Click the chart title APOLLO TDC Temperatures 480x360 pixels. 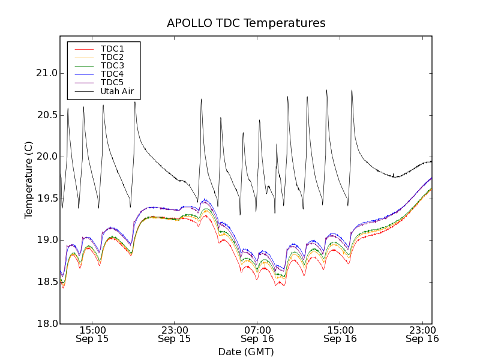tap(246, 23)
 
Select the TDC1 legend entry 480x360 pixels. tap(112, 49)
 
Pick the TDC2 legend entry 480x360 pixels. tap(112, 57)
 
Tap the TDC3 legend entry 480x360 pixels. tap(112, 65)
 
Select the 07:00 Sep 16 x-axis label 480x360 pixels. tap(257, 334)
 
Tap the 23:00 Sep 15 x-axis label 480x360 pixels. tap(175, 334)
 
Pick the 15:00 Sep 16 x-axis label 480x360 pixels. tap(340, 334)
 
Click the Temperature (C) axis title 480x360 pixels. tap(29, 180)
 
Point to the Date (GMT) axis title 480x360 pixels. tap(246, 352)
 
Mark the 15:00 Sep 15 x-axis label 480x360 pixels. tap(92, 334)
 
